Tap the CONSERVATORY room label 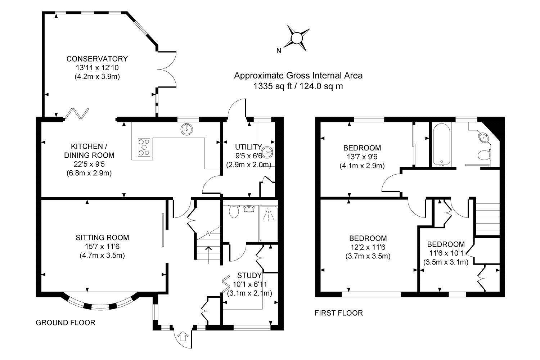point(97,59)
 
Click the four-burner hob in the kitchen point(144,147)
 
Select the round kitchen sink point(186,129)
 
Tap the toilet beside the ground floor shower point(234,211)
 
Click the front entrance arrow point(183,337)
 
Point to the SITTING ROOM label point(102,238)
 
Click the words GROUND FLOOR point(66,323)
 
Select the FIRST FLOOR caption point(339,313)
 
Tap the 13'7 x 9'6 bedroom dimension point(362,157)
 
